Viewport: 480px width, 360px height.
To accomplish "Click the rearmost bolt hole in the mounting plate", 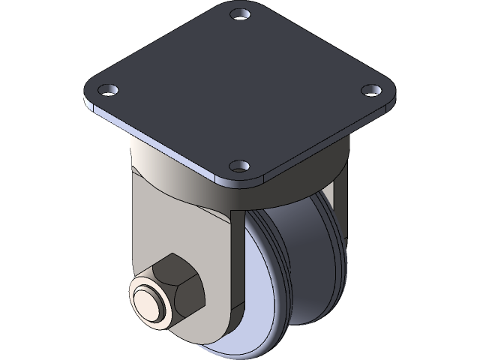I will click(239, 14).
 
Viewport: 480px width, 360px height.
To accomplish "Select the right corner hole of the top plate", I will click(370, 91).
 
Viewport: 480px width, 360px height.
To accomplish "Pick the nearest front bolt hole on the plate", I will click(239, 165).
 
